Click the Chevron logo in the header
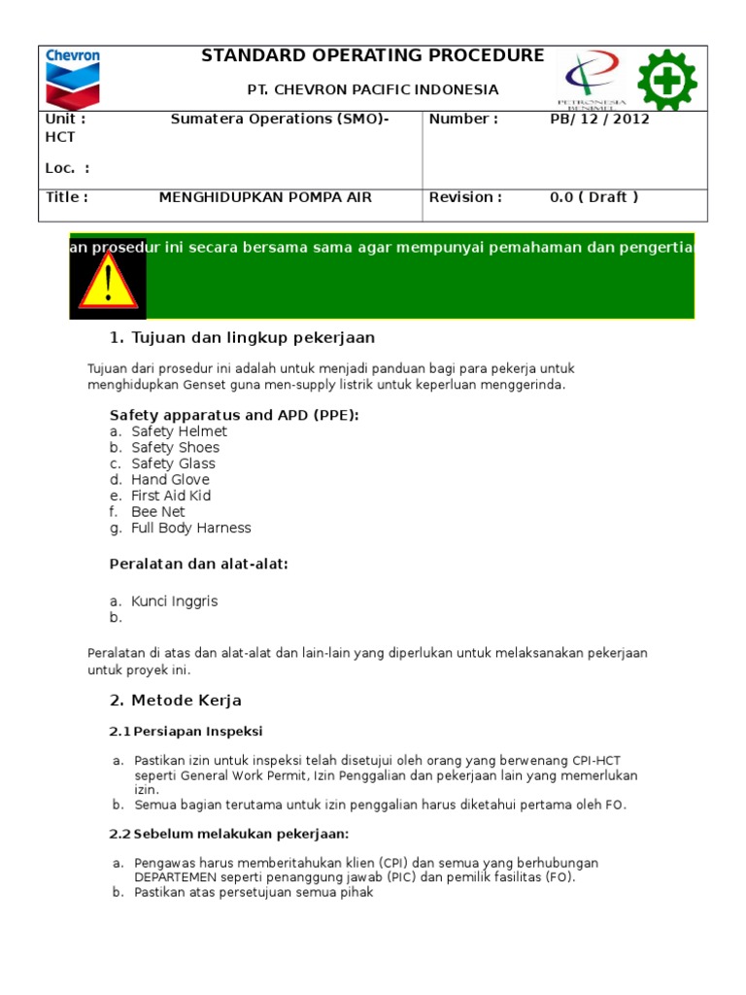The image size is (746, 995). [x=73, y=77]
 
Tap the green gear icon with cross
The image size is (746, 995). [x=667, y=79]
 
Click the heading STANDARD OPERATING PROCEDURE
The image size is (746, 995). [x=373, y=56]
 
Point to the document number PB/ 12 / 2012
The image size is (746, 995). [x=599, y=120]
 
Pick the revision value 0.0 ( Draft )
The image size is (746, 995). [x=593, y=197]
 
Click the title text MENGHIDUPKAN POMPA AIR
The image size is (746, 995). [x=265, y=197]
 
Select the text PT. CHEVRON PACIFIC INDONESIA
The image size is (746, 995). [x=373, y=89]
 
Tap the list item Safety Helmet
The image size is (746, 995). [x=179, y=431]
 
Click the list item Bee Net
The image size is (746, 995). [x=157, y=512]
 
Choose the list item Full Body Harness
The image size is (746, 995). [x=190, y=528]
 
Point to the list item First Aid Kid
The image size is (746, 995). [x=171, y=496]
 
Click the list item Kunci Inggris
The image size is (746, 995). [x=174, y=601]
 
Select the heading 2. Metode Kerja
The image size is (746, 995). [x=175, y=701]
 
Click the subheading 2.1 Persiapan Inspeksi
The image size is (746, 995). [x=186, y=732]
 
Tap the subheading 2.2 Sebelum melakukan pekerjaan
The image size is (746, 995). [x=228, y=834]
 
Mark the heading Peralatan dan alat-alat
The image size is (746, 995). [x=198, y=565]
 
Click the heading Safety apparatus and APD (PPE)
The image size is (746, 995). [x=234, y=415]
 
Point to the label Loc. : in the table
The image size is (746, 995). [x=67, y=168]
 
